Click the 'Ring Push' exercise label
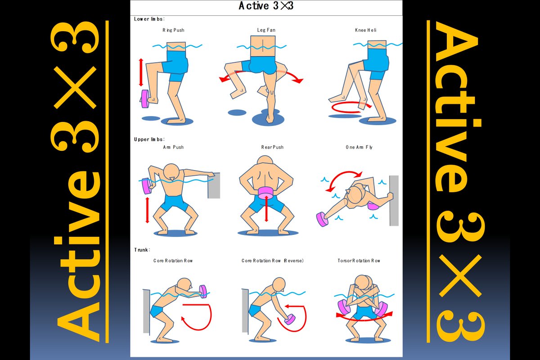pyautogui.click(x=173, y=30)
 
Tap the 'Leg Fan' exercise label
pyautogui.click(x=266, y=30)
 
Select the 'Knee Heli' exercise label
pyautogui.click(x=365, y=30)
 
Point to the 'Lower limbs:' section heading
pyautogui.click(x=149, y=19)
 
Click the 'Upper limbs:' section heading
pyautogui.click(x=149, y=139)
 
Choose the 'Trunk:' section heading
pyautogui.click(x=142, y=250)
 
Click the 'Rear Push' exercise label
pyautogui.click(x=272, y=147)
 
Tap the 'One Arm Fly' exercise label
pyautogui.click(x=359, y=147)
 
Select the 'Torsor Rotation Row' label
pyautogui.click(x=359, y=261)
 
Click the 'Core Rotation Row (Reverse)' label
pyautogui.click(x=272, y=261)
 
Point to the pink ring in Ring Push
pyautogui.click(x=145, y=99)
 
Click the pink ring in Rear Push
pyautogui.click(x=265, y=193)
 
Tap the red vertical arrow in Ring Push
pyautogui.click(x=141, y=72)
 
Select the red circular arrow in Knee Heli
pyautogui.click(x=350, y=107)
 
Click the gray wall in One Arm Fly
pyautogui.click(x=394, y=201)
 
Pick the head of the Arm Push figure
pyautogui.click(x=171, y=172)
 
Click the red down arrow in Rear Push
pyautogui.click(x=266, y=209)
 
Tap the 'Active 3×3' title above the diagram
pyautogui.click(x=266, y=6)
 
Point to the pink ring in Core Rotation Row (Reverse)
pyautogui.click(x=290, y=319)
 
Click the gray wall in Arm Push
pyautogui.click(x=214, y=185)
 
